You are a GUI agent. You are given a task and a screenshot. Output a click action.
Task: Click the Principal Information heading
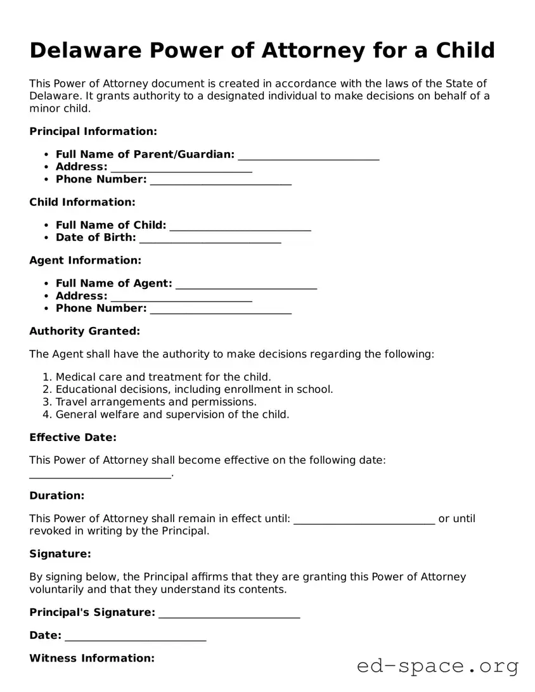click(93, 132)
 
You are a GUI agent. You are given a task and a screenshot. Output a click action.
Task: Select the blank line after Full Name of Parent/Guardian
click(309, 156)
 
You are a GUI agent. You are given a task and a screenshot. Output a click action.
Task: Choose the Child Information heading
click(82, 202)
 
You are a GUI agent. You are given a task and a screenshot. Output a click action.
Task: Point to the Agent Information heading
click(85, 260)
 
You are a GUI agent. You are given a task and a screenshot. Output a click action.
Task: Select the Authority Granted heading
click(84, 331)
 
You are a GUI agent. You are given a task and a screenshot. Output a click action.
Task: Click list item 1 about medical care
click(163, 377)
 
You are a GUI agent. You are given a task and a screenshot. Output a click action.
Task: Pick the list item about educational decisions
click(194, 390)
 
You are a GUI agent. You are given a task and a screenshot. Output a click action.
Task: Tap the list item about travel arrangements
click(156, 402)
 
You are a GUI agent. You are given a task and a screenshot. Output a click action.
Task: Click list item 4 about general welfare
click(172, 415)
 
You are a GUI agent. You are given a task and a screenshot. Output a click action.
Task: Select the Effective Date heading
click(73, 438)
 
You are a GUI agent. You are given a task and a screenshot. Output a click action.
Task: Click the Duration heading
click(56, 496)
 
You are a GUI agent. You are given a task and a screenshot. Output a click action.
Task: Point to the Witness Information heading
click(92, 658)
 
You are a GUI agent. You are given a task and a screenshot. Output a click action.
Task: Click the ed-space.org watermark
click(437, 666)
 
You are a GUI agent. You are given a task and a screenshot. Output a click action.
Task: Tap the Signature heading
click(60, 554)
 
